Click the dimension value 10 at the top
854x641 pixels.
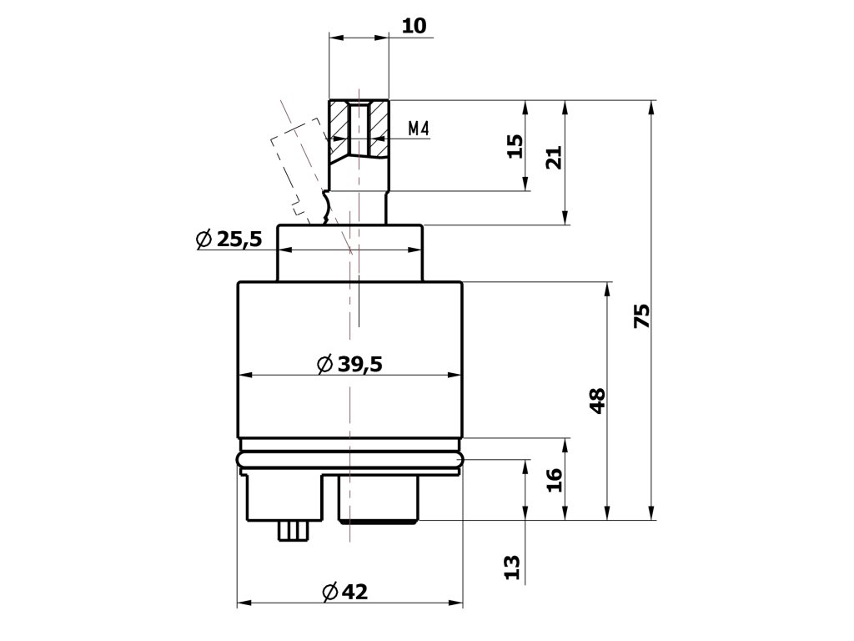coord(414,26)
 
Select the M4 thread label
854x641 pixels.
coord(419,129)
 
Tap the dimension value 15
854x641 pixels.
coord(515,147)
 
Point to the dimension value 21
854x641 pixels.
coord(555,158)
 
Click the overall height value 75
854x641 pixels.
coord(641,316)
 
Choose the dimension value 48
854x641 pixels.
coord(597,401)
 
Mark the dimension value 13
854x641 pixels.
coord(514,568)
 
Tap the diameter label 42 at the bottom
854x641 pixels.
coord(354,592)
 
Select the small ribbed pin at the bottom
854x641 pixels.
coord(294,530)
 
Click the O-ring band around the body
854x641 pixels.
coord(350,460)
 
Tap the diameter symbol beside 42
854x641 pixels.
coord(329,592)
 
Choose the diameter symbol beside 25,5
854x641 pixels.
coord(203,240)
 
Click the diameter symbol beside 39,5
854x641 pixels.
coord(325,364)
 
